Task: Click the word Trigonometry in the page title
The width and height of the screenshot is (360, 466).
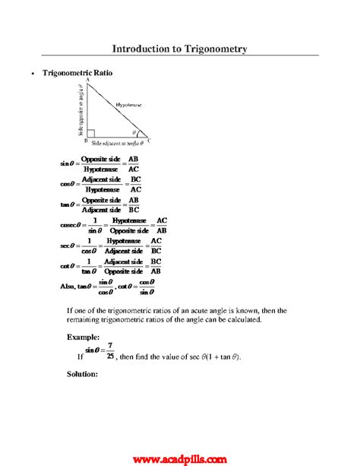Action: pyautogui.click(x=214, y=48)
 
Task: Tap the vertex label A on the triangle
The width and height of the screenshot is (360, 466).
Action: pyautogui.click(x=88, y=80)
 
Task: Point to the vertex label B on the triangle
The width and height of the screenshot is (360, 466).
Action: pyautogui.click(x=85, y=141)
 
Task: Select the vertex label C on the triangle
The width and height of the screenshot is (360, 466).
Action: pyautogui.click(x=148, y=141)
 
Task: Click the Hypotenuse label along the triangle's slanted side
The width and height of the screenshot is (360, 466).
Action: pyautogui.click(x=130, y=103)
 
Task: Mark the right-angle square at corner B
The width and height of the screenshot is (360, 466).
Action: pyautogui.click(x=91, y=133)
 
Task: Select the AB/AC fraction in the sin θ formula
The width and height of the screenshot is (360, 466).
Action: pyautogui.click(x=133, y=164)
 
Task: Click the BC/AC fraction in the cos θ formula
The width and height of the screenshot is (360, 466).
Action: pyautogui.click(x=136, y=184)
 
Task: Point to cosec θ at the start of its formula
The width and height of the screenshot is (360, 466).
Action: pyautogui.click(x=71, y=225)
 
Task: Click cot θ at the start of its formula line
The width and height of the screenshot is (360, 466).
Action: pyautogui.click(x=68, y=266)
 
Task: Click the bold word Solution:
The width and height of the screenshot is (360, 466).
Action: pyautogui.click(x=83, y=374)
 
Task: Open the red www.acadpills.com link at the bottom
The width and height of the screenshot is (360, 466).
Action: pyautogui.click(x=179, y=458)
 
